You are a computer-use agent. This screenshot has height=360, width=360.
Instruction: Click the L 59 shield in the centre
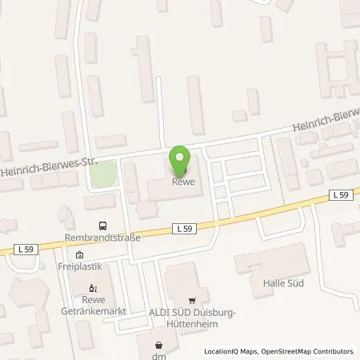pos(182,228)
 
